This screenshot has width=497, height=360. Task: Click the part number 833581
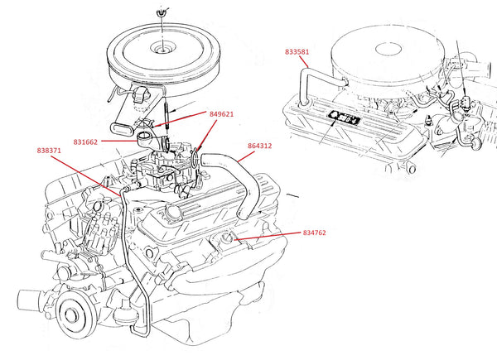click(x=297, y=52)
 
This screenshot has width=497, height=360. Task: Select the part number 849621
click(x=221, y=114)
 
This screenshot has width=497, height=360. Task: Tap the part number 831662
click(x=85, y=142)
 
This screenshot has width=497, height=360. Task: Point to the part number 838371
click(x=49, y=151)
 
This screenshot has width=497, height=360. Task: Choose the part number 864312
click(x=259, y=146)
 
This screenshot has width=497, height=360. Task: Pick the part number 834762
click(x=315, y=233)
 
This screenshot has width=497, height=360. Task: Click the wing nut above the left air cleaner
click(x=162, y=13)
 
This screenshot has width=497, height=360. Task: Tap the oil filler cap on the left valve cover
click(x=173, y=211)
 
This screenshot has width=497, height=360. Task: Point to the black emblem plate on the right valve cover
click(x=344, y=118)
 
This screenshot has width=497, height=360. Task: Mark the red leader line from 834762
click(x=267, y=236)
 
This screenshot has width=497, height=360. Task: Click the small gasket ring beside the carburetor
click(x=195, y=159)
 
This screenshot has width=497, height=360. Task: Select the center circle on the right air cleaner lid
click(x=389, y=50)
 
